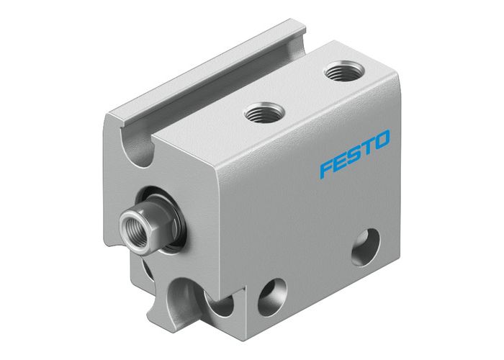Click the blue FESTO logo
(x=355, y=153)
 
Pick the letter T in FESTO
(x=368, y=146)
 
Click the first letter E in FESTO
(x=341, y=161)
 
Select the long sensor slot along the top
(x=209, y=79)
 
